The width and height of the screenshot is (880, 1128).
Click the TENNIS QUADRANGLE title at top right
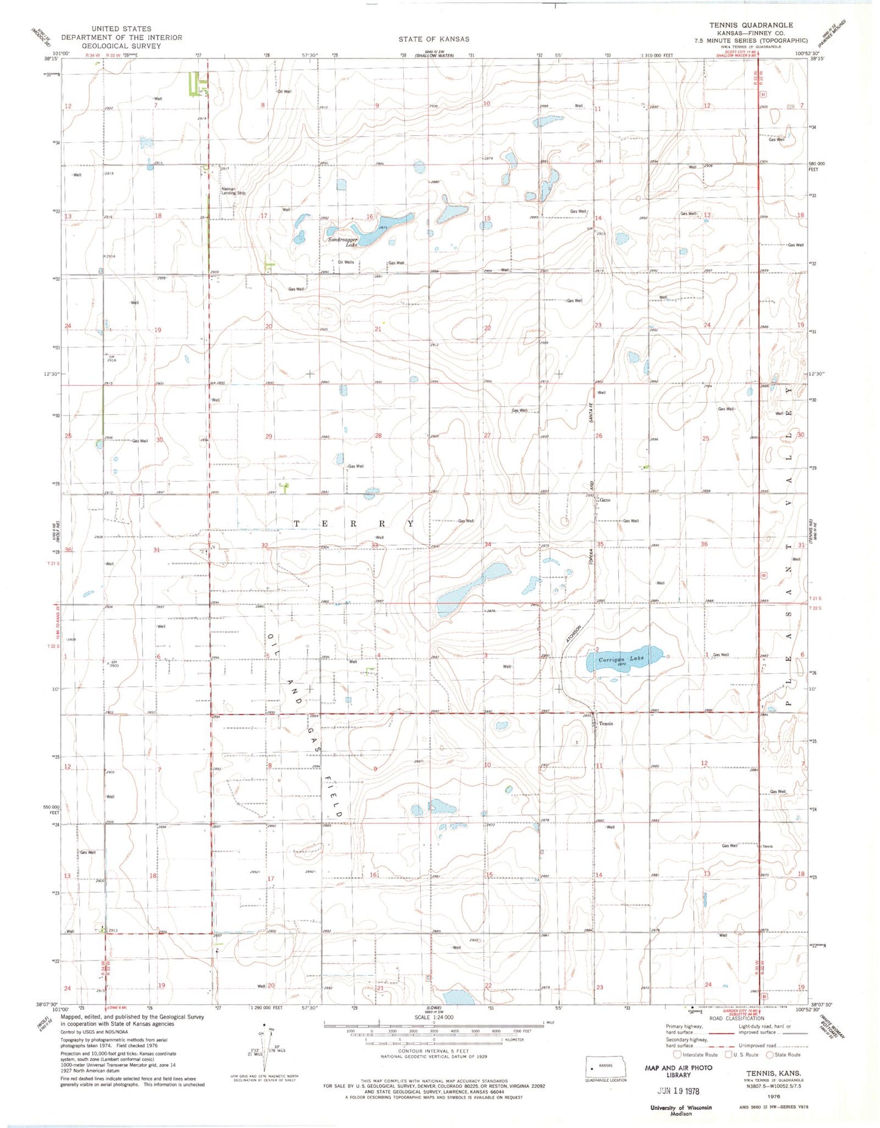coord(751,25)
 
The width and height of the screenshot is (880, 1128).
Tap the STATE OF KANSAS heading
coord(434,39)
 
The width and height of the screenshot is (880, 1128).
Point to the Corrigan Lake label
coord(621,659)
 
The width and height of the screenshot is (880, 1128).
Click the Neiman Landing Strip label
coord(233,191)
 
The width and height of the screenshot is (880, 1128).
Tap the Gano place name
coord(605,500)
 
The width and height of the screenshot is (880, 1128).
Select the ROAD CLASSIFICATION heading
coord(737,1018)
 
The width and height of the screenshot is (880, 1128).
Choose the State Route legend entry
coord(783,1055)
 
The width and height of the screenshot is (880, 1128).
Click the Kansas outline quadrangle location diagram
coord(605,1066)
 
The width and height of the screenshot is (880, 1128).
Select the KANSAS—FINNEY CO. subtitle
coord(751,33)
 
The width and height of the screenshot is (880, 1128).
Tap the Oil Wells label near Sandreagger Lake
coord(345,263)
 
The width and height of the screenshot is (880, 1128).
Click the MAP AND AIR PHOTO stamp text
coord(678,1068)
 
